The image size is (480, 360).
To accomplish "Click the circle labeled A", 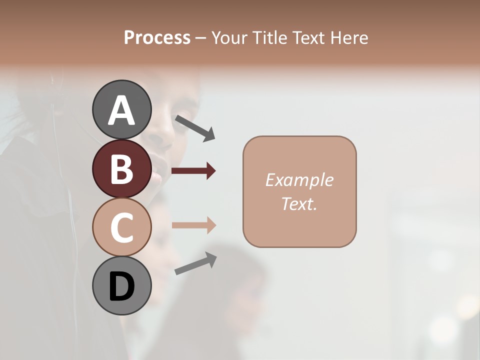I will (x=121, y=109).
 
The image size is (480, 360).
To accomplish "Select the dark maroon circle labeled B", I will (x=121, y=168).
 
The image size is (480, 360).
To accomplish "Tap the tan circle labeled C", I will (x=121, y=227).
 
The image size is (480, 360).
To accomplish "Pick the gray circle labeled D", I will (x=121, y=285).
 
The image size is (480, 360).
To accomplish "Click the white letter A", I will (x=121, y=110).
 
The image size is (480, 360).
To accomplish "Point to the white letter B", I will (x=121, y=169).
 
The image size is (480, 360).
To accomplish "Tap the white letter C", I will (x=121, y=227).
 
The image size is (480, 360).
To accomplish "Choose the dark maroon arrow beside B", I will (x=193, y=171).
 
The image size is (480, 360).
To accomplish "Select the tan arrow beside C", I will (x=193, y=225).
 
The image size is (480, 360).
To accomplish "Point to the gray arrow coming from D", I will (x=195, y=263).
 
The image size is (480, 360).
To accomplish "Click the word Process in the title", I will (x=157, y=37).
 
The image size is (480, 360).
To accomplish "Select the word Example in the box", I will (x=299, y=180).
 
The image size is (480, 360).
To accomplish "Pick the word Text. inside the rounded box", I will (x=299, y=203).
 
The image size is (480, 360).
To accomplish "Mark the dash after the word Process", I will (x=201, y=38).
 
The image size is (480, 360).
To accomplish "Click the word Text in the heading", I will (x=308, y=37).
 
